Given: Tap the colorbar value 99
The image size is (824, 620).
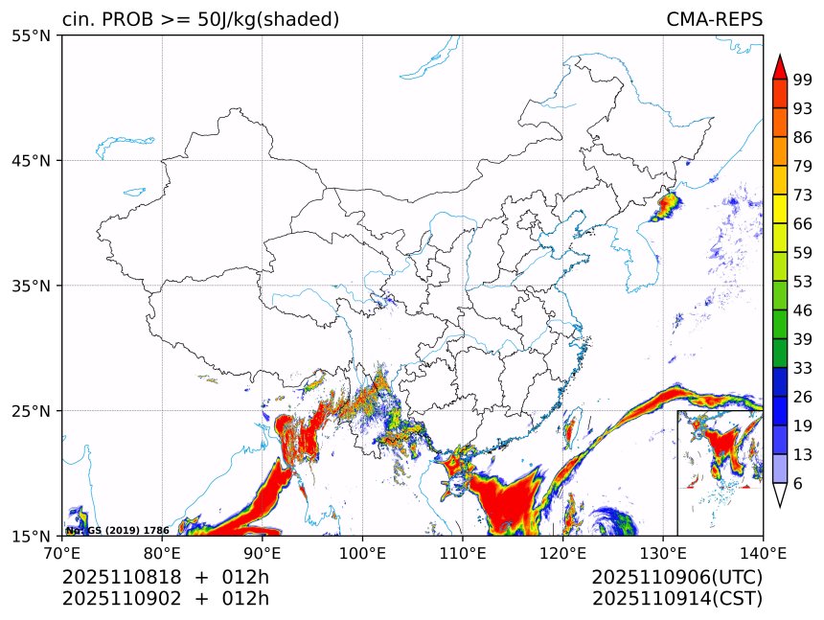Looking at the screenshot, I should click(x=803, y=80).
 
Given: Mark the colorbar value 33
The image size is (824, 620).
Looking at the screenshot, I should click(x=803, y=367).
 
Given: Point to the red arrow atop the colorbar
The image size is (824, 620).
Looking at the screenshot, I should click(x=780, y=67).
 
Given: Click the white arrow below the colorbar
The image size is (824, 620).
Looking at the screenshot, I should click(x=780, y=495).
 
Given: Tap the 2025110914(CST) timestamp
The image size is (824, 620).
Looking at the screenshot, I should click(x=676, y=599).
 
